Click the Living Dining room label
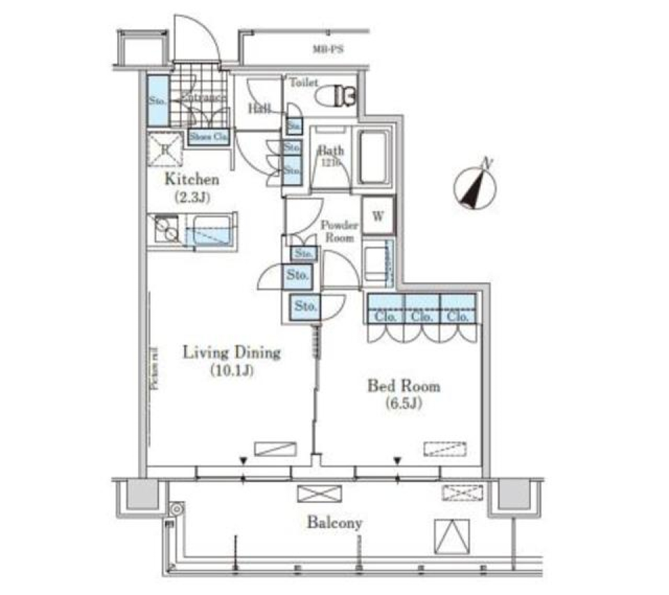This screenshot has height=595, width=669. coord(231,353)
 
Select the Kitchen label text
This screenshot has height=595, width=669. coord(192,179)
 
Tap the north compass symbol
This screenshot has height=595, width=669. coord(475,186)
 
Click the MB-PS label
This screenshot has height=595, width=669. coord(327,49)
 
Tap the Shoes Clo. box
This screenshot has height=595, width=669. coord(208,137)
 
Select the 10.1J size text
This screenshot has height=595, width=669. coord(231,371)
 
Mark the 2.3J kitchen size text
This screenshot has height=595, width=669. coord(192,197)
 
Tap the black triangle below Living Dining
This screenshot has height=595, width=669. coord(243,461)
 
